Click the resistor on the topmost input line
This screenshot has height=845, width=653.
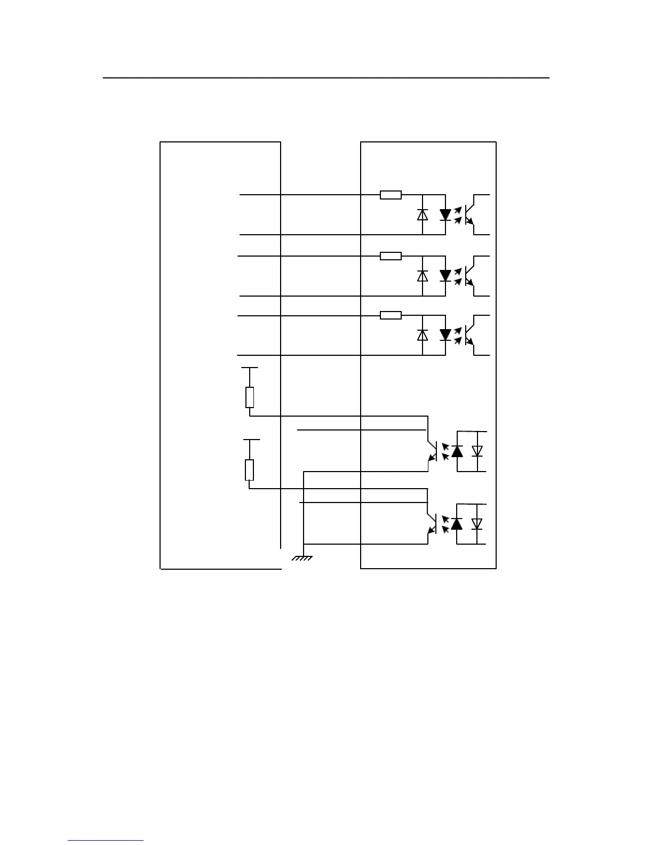point(391,195)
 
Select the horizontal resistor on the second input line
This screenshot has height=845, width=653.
point(391,256)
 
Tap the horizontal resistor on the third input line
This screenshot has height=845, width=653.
point(391,316)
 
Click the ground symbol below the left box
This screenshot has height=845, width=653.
point(302,558)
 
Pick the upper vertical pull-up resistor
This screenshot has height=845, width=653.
point(250,397)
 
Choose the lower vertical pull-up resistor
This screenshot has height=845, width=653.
point(249,470)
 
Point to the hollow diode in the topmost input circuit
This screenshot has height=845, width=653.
point(423,214)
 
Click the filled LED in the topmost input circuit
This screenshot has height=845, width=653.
point(445,214)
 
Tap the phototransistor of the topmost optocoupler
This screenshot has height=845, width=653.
point(469,214)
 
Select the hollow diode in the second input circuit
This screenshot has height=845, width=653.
point(423,276)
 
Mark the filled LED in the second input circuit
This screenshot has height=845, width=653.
point(445,276)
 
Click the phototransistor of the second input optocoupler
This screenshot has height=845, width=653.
point(469,276)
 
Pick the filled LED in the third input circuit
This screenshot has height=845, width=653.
point(445,335)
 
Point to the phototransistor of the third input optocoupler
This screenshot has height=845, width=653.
point(469,335)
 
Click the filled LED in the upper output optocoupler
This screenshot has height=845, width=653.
point(457,451)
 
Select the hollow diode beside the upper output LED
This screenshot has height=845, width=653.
point(477,451)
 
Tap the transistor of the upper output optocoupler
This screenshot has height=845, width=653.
point(431,451)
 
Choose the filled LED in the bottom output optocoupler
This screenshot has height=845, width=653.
point(457,524)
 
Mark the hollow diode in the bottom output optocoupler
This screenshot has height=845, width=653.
point(477,524)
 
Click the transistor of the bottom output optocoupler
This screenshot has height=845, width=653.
point(431,524)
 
